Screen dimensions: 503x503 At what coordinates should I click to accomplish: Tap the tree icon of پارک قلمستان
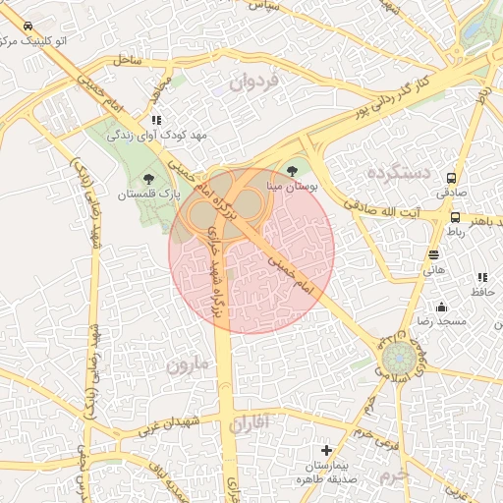point(149,178)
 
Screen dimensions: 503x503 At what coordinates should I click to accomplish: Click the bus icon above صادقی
point(451,179)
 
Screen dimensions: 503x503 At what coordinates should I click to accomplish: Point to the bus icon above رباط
point(455,217)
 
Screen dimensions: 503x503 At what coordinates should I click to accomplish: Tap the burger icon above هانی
point(433,254)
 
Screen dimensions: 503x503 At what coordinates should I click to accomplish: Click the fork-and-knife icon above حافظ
point(481,279)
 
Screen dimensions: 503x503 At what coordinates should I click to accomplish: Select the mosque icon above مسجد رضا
point(441,307)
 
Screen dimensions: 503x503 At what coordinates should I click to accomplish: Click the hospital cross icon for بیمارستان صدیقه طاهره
point(327,451)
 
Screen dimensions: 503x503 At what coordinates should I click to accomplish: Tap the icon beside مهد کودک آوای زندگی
point(156,120)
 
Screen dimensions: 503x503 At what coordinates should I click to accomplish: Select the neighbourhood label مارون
point(189,366)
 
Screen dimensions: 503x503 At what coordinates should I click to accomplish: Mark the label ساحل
point(128,60)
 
